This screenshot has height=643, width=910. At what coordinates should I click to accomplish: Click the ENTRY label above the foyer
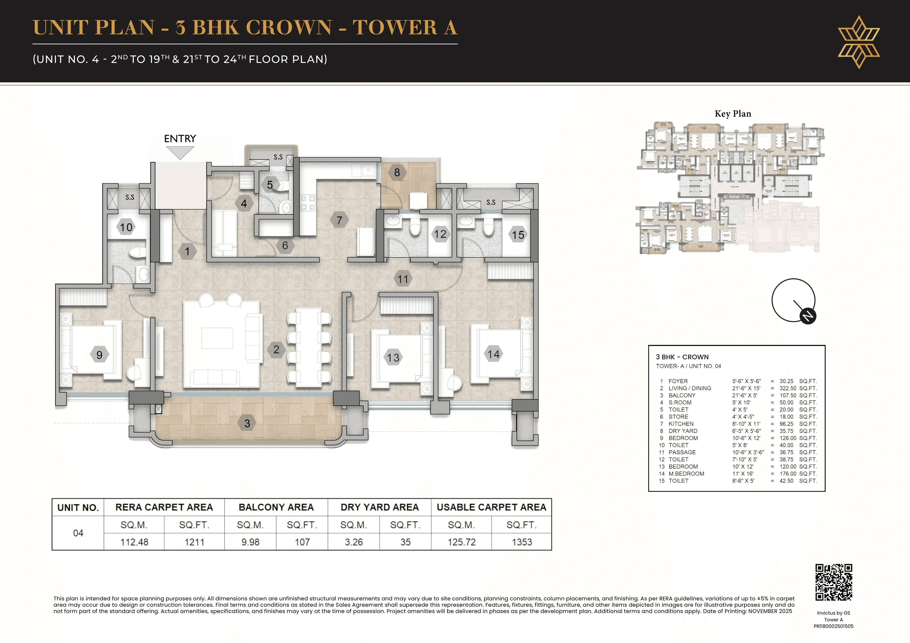click(x=180, y=139)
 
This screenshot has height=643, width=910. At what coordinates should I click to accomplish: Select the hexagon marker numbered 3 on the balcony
click(x=247, y=423)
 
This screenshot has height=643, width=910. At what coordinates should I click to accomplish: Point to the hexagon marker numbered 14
click(x=493, y=354)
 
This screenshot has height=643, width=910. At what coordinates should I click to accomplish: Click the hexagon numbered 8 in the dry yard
click(x=397, y=173)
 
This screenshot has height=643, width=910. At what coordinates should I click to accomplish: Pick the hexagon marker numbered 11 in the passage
click(x=403, y=279)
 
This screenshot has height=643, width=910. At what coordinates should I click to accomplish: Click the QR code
click(x=833, y=582)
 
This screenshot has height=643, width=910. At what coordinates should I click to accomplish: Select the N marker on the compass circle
click(x=808, y=316)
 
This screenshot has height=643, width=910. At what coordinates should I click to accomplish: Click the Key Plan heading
click(x=733, y=114)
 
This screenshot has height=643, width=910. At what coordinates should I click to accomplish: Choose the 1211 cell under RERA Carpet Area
click(x=194, y=542)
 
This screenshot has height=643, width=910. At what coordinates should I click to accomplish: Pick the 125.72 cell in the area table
click(x=461, y=542)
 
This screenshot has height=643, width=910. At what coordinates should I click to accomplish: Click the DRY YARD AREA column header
click(x=379, y=507)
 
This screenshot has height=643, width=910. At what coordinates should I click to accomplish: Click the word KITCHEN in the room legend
click(x=681, y=424)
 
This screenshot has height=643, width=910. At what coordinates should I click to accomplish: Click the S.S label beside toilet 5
click(x=278, y=157)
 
